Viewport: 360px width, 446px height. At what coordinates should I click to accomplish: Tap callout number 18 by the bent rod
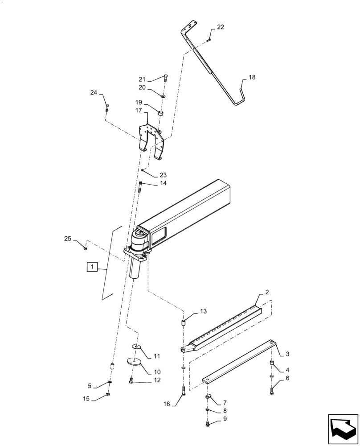(252, 77)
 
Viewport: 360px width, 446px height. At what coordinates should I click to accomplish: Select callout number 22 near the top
(221, 27)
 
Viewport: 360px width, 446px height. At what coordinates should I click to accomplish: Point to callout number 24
(94, 93)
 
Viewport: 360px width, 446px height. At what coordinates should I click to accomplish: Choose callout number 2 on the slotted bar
(267, 292)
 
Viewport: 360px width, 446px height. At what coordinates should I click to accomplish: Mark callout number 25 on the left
(68, 239)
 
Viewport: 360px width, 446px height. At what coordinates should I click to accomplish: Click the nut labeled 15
(108, 395)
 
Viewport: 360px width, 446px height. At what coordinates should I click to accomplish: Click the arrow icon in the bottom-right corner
(343, 429)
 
